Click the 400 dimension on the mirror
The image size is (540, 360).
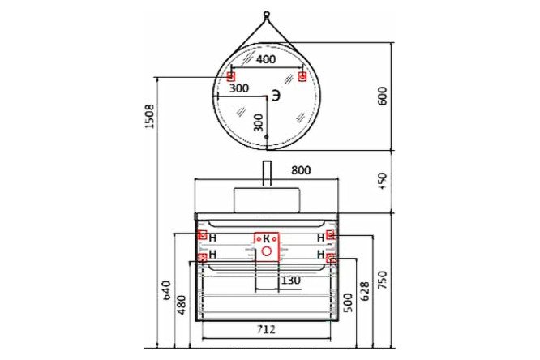266,59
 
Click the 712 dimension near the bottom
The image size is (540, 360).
266,329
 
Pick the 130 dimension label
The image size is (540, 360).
290,281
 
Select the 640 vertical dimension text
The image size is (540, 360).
165,290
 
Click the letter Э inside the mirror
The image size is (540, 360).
276,96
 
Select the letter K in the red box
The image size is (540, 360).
265,239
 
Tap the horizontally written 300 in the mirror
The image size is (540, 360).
238,88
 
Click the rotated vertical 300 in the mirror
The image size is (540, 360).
258,122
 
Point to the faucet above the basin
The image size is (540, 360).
266,174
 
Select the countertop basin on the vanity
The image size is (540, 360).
266,199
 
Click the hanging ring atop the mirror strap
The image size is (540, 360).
266,14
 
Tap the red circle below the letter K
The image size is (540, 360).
266,251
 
